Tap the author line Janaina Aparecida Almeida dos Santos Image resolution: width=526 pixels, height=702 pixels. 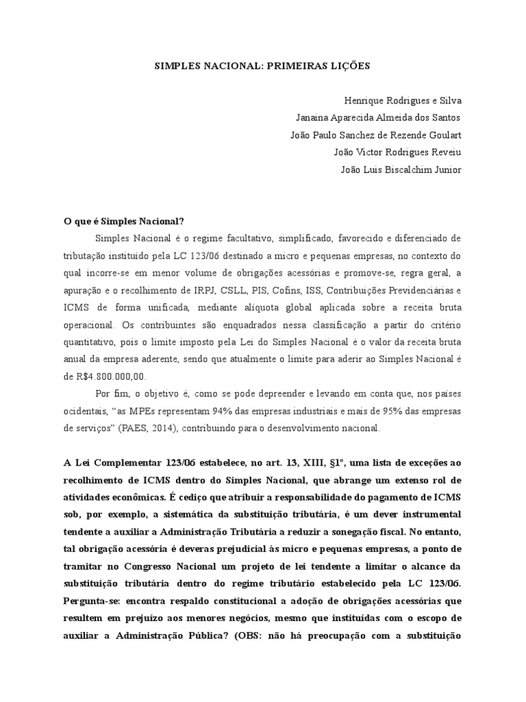378,117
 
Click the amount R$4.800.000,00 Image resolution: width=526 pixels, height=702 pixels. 109,376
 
